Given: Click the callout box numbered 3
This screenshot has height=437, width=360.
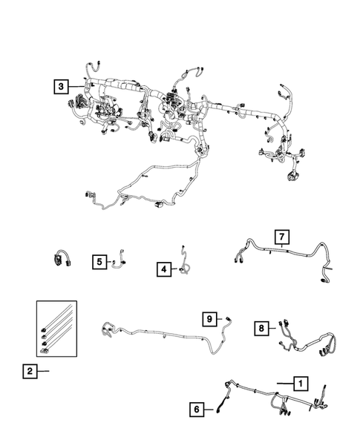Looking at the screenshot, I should pos(60,85).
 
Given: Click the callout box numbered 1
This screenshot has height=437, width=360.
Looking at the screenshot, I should pos(299,384).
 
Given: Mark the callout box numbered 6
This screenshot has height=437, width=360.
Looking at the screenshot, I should pos(197,407).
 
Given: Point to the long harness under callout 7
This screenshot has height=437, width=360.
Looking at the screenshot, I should pos(282,257).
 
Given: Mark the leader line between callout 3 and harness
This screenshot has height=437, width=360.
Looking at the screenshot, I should pos(76,86).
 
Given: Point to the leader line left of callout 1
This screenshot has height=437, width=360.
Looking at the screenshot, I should pos(282,384).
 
